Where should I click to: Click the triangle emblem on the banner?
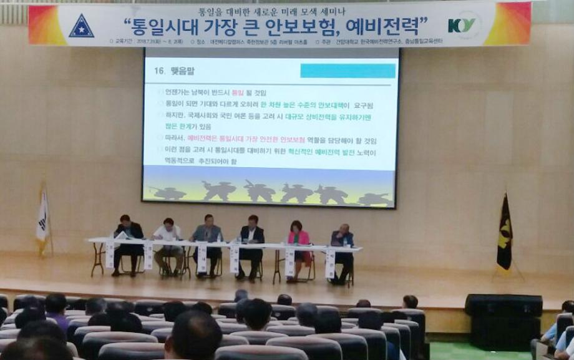pos(81,26)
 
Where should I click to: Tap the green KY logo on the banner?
pos(462,26)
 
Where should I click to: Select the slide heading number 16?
pos(158,71)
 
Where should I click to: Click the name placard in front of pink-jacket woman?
pos(290,261)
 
